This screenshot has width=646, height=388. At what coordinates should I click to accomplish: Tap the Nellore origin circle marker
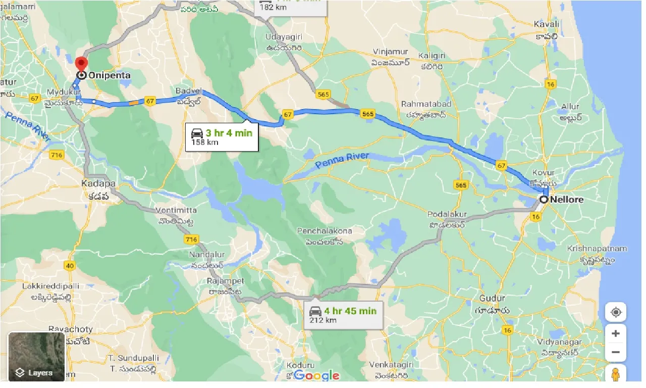[x=544, y=200]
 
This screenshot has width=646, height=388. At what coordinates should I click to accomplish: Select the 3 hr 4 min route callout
[x=222, y=136]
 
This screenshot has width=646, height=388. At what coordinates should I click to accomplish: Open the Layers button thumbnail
[x=36, y=356]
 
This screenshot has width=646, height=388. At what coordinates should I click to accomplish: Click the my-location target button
[x=616, y=312]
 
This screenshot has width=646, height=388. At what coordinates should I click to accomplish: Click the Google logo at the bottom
[x=316, y=375]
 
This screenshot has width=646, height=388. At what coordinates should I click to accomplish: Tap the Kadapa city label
[x=98, y=183]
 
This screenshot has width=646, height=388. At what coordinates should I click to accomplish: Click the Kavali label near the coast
[x=546, y=24]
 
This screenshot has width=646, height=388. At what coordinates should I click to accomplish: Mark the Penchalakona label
[x=324, y=231]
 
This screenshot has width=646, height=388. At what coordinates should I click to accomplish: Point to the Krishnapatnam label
[x=597, y=249]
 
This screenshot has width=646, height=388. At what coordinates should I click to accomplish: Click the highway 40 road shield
[x=70, y=265]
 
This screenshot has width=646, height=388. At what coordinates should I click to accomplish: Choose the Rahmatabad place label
[x=426, y=104]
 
